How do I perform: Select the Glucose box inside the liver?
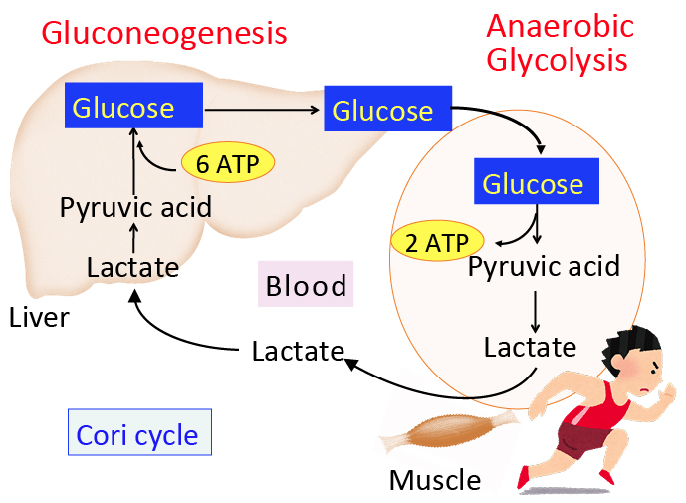[134, 107]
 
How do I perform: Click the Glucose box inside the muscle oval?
[533, 183]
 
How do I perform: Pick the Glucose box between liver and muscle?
[383, 110]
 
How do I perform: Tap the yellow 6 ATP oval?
[227, 163]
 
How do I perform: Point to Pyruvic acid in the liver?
[135, 208]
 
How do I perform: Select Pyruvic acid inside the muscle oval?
[544, 267]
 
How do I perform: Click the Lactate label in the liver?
[132, 267]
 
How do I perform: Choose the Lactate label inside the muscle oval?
[530, 347]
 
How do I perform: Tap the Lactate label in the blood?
[298, 351]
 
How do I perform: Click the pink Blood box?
[307, 286]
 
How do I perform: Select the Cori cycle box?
[139, 435]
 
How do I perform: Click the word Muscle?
[435, 481]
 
